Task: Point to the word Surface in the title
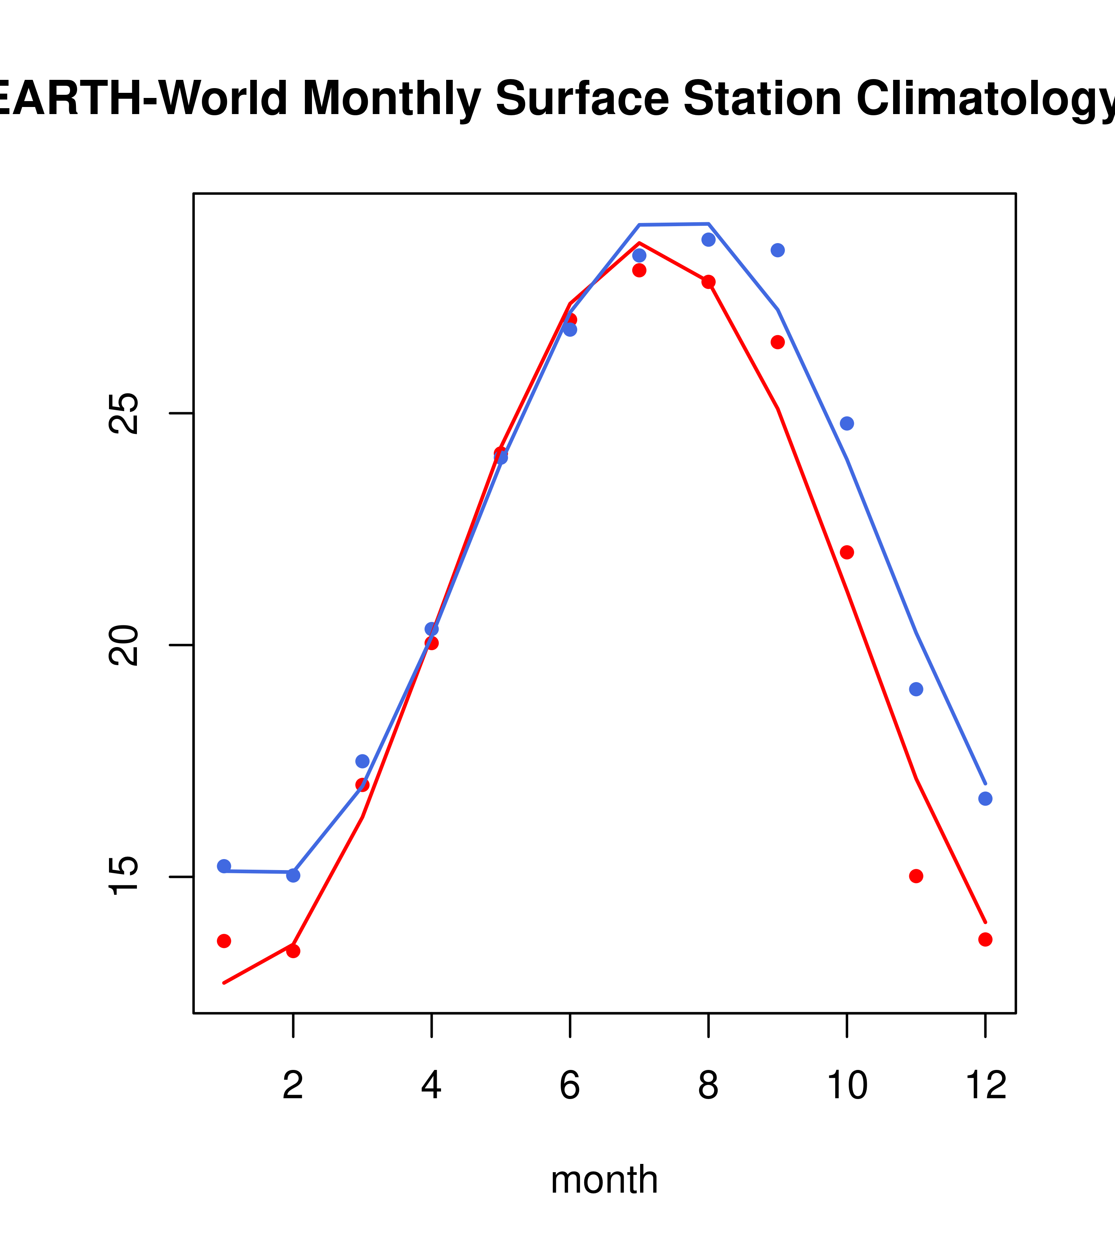tap(582, 98)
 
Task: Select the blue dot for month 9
tap(777, 250)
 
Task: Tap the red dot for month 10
tap(847, 553)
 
